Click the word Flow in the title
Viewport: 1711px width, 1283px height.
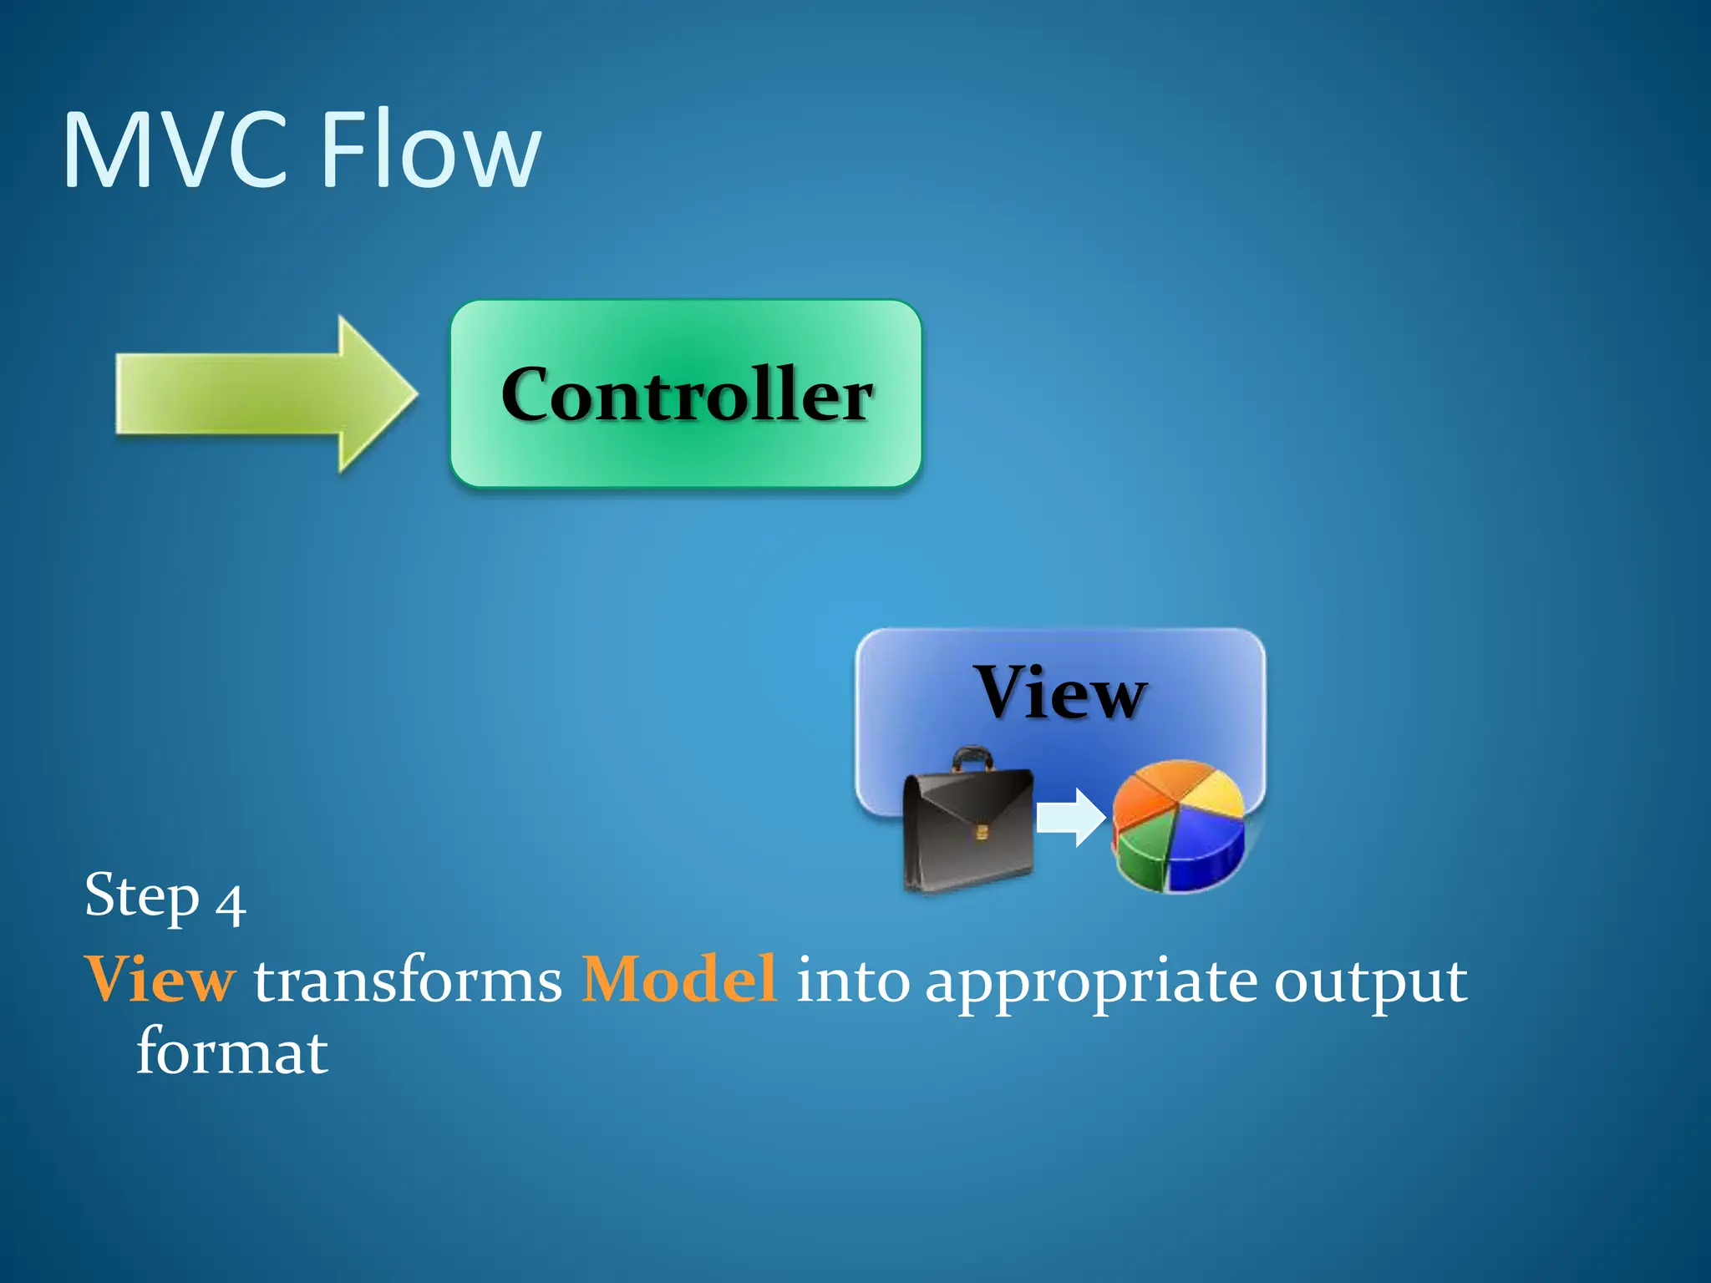(x=431, y=150)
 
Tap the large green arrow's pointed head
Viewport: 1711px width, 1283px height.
(x=376, y=393)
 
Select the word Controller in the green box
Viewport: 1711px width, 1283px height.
(x=687, y=394)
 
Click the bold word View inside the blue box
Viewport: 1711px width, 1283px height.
(x=1060, y=692)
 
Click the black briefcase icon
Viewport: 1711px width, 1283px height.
(x=969, y=827)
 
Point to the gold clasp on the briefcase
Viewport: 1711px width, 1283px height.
(x=982, y=832)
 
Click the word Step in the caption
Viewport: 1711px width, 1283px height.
(x=142, y=896)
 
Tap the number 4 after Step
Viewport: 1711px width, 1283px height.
(x=230, y=904)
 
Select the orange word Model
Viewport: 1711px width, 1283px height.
(x=678, y=979)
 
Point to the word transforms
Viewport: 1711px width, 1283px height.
(x=408, y=981)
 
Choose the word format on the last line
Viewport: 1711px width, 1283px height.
(x=231, y=1052)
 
